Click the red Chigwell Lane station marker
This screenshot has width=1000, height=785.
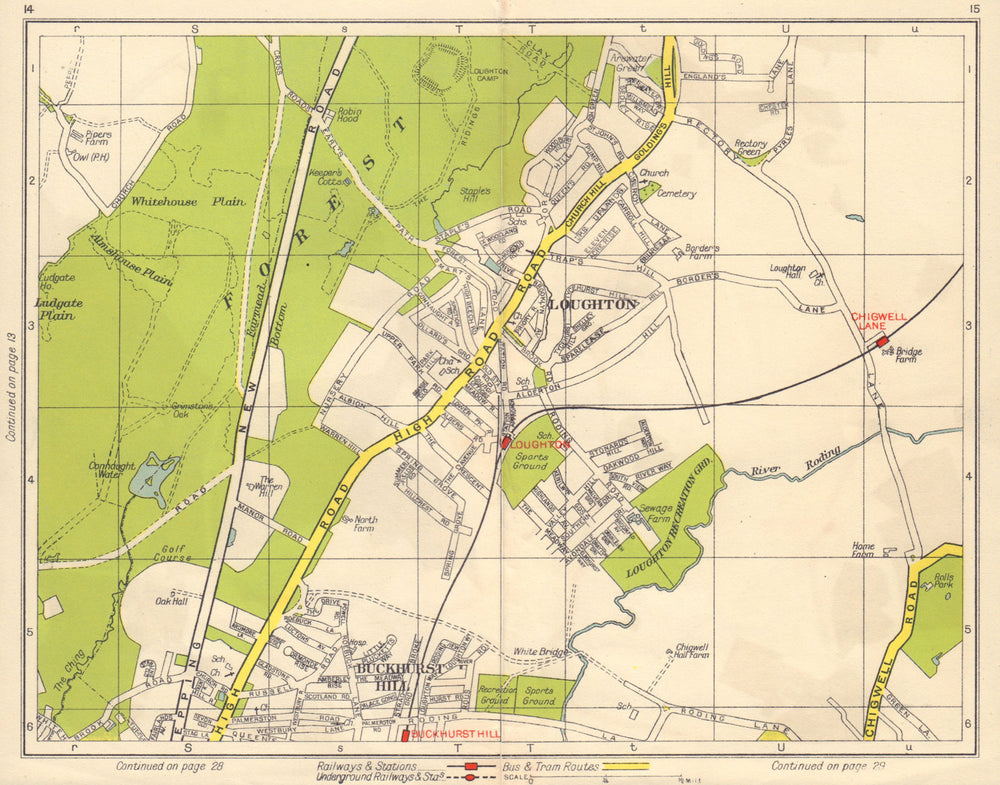(x=883, y=343)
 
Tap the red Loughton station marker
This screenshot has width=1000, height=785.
(x=506, y=441)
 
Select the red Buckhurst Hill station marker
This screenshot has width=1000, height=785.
(x=405, y=735)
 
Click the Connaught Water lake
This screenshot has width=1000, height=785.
(x=153, y=477)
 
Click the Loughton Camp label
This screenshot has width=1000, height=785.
(x=489, y=79)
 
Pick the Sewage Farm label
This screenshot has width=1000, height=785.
(x=655, y=513)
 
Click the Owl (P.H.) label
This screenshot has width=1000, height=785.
(x=90, y=157)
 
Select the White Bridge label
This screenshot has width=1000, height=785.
(x=539, y=652)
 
